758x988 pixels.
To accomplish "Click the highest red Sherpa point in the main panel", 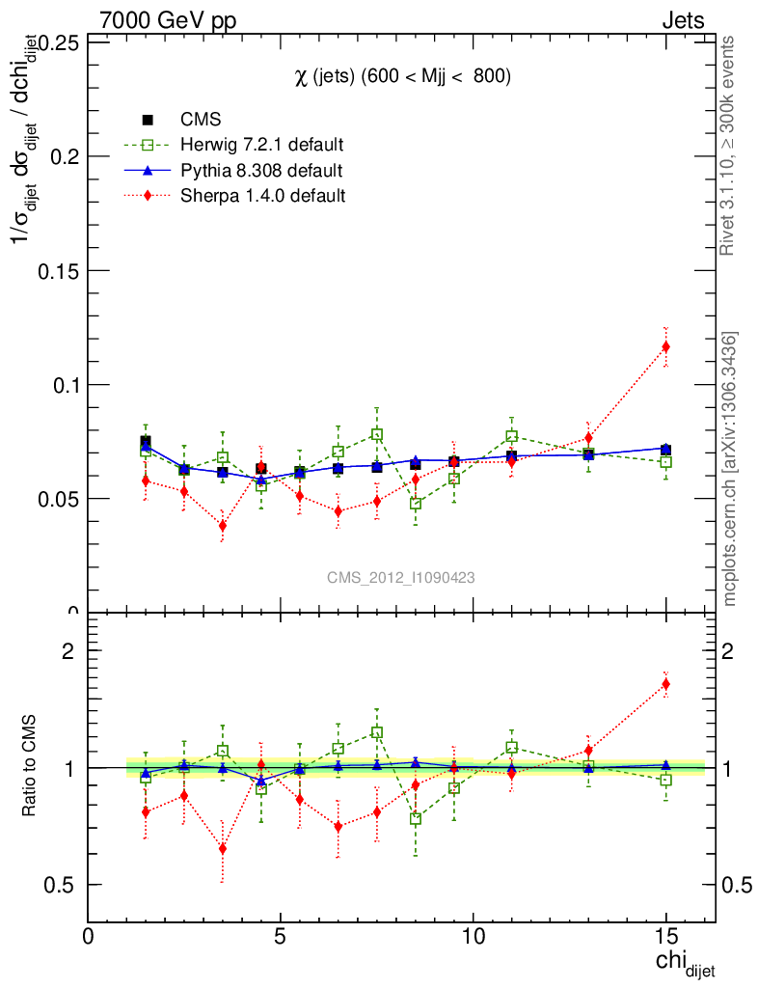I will [665, 346].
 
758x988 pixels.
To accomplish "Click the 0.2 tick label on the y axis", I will [59, 156].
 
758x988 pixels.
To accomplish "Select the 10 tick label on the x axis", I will [473, 937].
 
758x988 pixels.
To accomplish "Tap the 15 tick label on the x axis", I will [665, 937].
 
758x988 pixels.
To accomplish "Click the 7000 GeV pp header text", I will [168, 19].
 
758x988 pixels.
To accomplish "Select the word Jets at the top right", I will [683, 19].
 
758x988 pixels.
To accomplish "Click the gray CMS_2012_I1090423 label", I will [400, 577].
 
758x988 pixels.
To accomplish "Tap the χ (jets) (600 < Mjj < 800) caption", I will [402, 76].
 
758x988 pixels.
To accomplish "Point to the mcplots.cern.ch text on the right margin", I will [730, 469].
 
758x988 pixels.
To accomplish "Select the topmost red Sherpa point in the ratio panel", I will [665, 684].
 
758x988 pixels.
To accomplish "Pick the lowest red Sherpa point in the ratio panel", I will [223, 849].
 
